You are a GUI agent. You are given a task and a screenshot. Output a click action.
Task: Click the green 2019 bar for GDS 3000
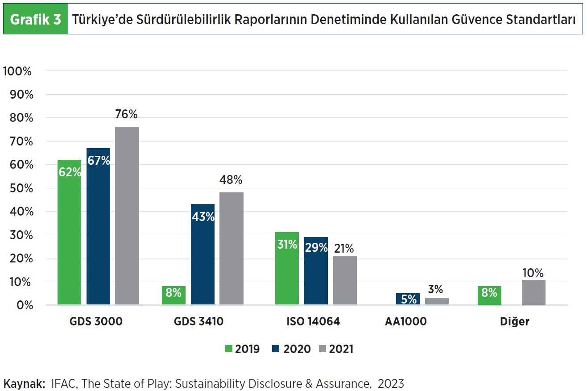69,232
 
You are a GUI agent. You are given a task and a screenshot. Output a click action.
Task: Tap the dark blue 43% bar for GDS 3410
203,254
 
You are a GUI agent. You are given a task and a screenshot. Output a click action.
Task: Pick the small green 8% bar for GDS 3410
174,295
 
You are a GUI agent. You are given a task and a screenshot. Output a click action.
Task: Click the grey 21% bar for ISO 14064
345,280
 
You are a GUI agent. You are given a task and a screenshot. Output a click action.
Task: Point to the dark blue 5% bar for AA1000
408,299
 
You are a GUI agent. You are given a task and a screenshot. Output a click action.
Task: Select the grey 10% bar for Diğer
533,293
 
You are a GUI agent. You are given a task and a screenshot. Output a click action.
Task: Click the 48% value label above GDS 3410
231,180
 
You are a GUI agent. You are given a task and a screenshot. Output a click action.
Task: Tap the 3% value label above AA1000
436,289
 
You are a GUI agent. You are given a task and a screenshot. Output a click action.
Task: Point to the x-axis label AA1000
405,321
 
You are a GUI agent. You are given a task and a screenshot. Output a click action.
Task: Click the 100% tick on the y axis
17,71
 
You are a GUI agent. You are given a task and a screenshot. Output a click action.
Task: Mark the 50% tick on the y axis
19,188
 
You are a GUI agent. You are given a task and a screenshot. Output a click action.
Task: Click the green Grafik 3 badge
35,20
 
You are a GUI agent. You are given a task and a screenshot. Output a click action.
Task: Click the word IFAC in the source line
62,383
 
